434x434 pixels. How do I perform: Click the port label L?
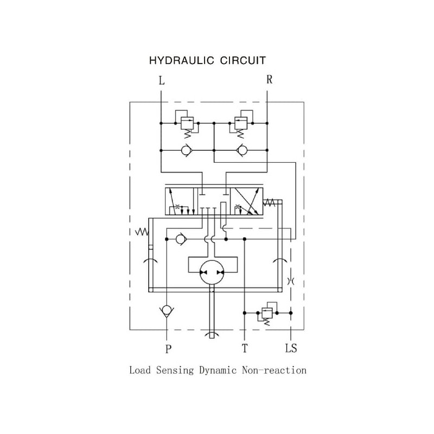tap(161, 81)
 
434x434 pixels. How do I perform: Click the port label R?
tap(269, 79)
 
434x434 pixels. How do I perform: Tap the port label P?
tap(168, 348)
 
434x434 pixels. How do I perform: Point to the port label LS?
tap(291, 348)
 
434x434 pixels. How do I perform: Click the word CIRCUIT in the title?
tap(242, 60)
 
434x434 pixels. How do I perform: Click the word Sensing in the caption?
tap(175, 371)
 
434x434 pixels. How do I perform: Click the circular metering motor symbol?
tap(212, 271)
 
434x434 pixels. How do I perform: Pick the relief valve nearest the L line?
tap(187, 123)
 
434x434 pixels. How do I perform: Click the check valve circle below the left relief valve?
tap(187, 150)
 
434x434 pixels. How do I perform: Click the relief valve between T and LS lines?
tap(266, 313)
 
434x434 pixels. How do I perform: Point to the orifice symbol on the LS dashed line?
tap(291, 281)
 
